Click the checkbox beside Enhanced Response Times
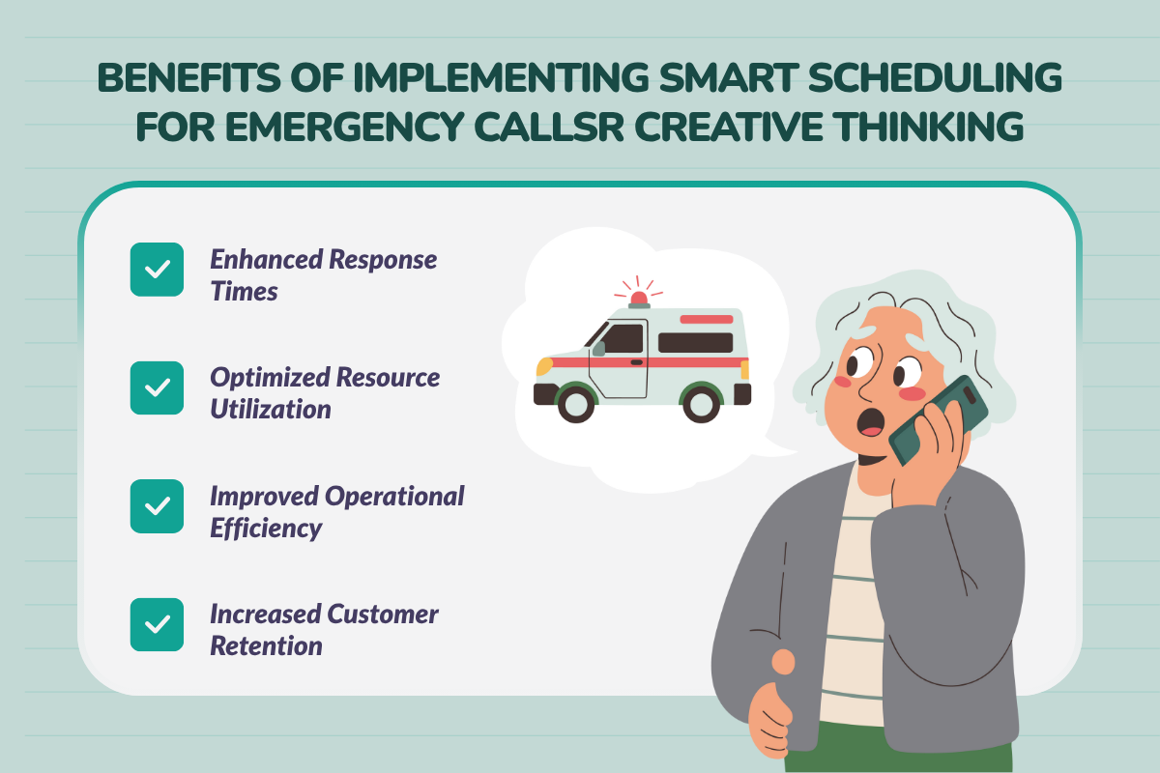point(157,270)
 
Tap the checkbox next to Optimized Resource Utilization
point(157,388)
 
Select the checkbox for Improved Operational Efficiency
point(157,506)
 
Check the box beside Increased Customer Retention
point(157,624)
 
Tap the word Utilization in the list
point(271,409)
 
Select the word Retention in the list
point(266,645)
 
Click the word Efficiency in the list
point(266,528)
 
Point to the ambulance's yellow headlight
point(544,366)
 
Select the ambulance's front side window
point(623,338)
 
